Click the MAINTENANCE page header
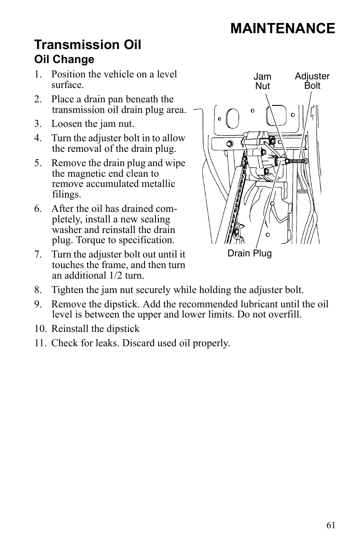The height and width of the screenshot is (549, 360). pyautogui.click(x=282, y=29)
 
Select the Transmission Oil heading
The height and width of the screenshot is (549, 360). pyautogui.click(x=88, y=45)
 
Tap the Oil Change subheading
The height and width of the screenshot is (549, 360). pyautogui.click(x=64, y=59)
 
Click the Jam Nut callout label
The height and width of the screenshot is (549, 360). pyautogui.click(x=262, y=81)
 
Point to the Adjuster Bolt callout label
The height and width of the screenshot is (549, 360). pyautogui.click(x=312, y=81)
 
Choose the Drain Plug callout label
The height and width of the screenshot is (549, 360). pyautogui.click(x=249, y=253)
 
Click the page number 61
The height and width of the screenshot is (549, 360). pyautogui.click(x=331, y=525)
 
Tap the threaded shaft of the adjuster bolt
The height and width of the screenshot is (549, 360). pyautogui.click(x=295, y=161)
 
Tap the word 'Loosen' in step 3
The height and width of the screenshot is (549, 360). pyautogui.click(x=65, y=124)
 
